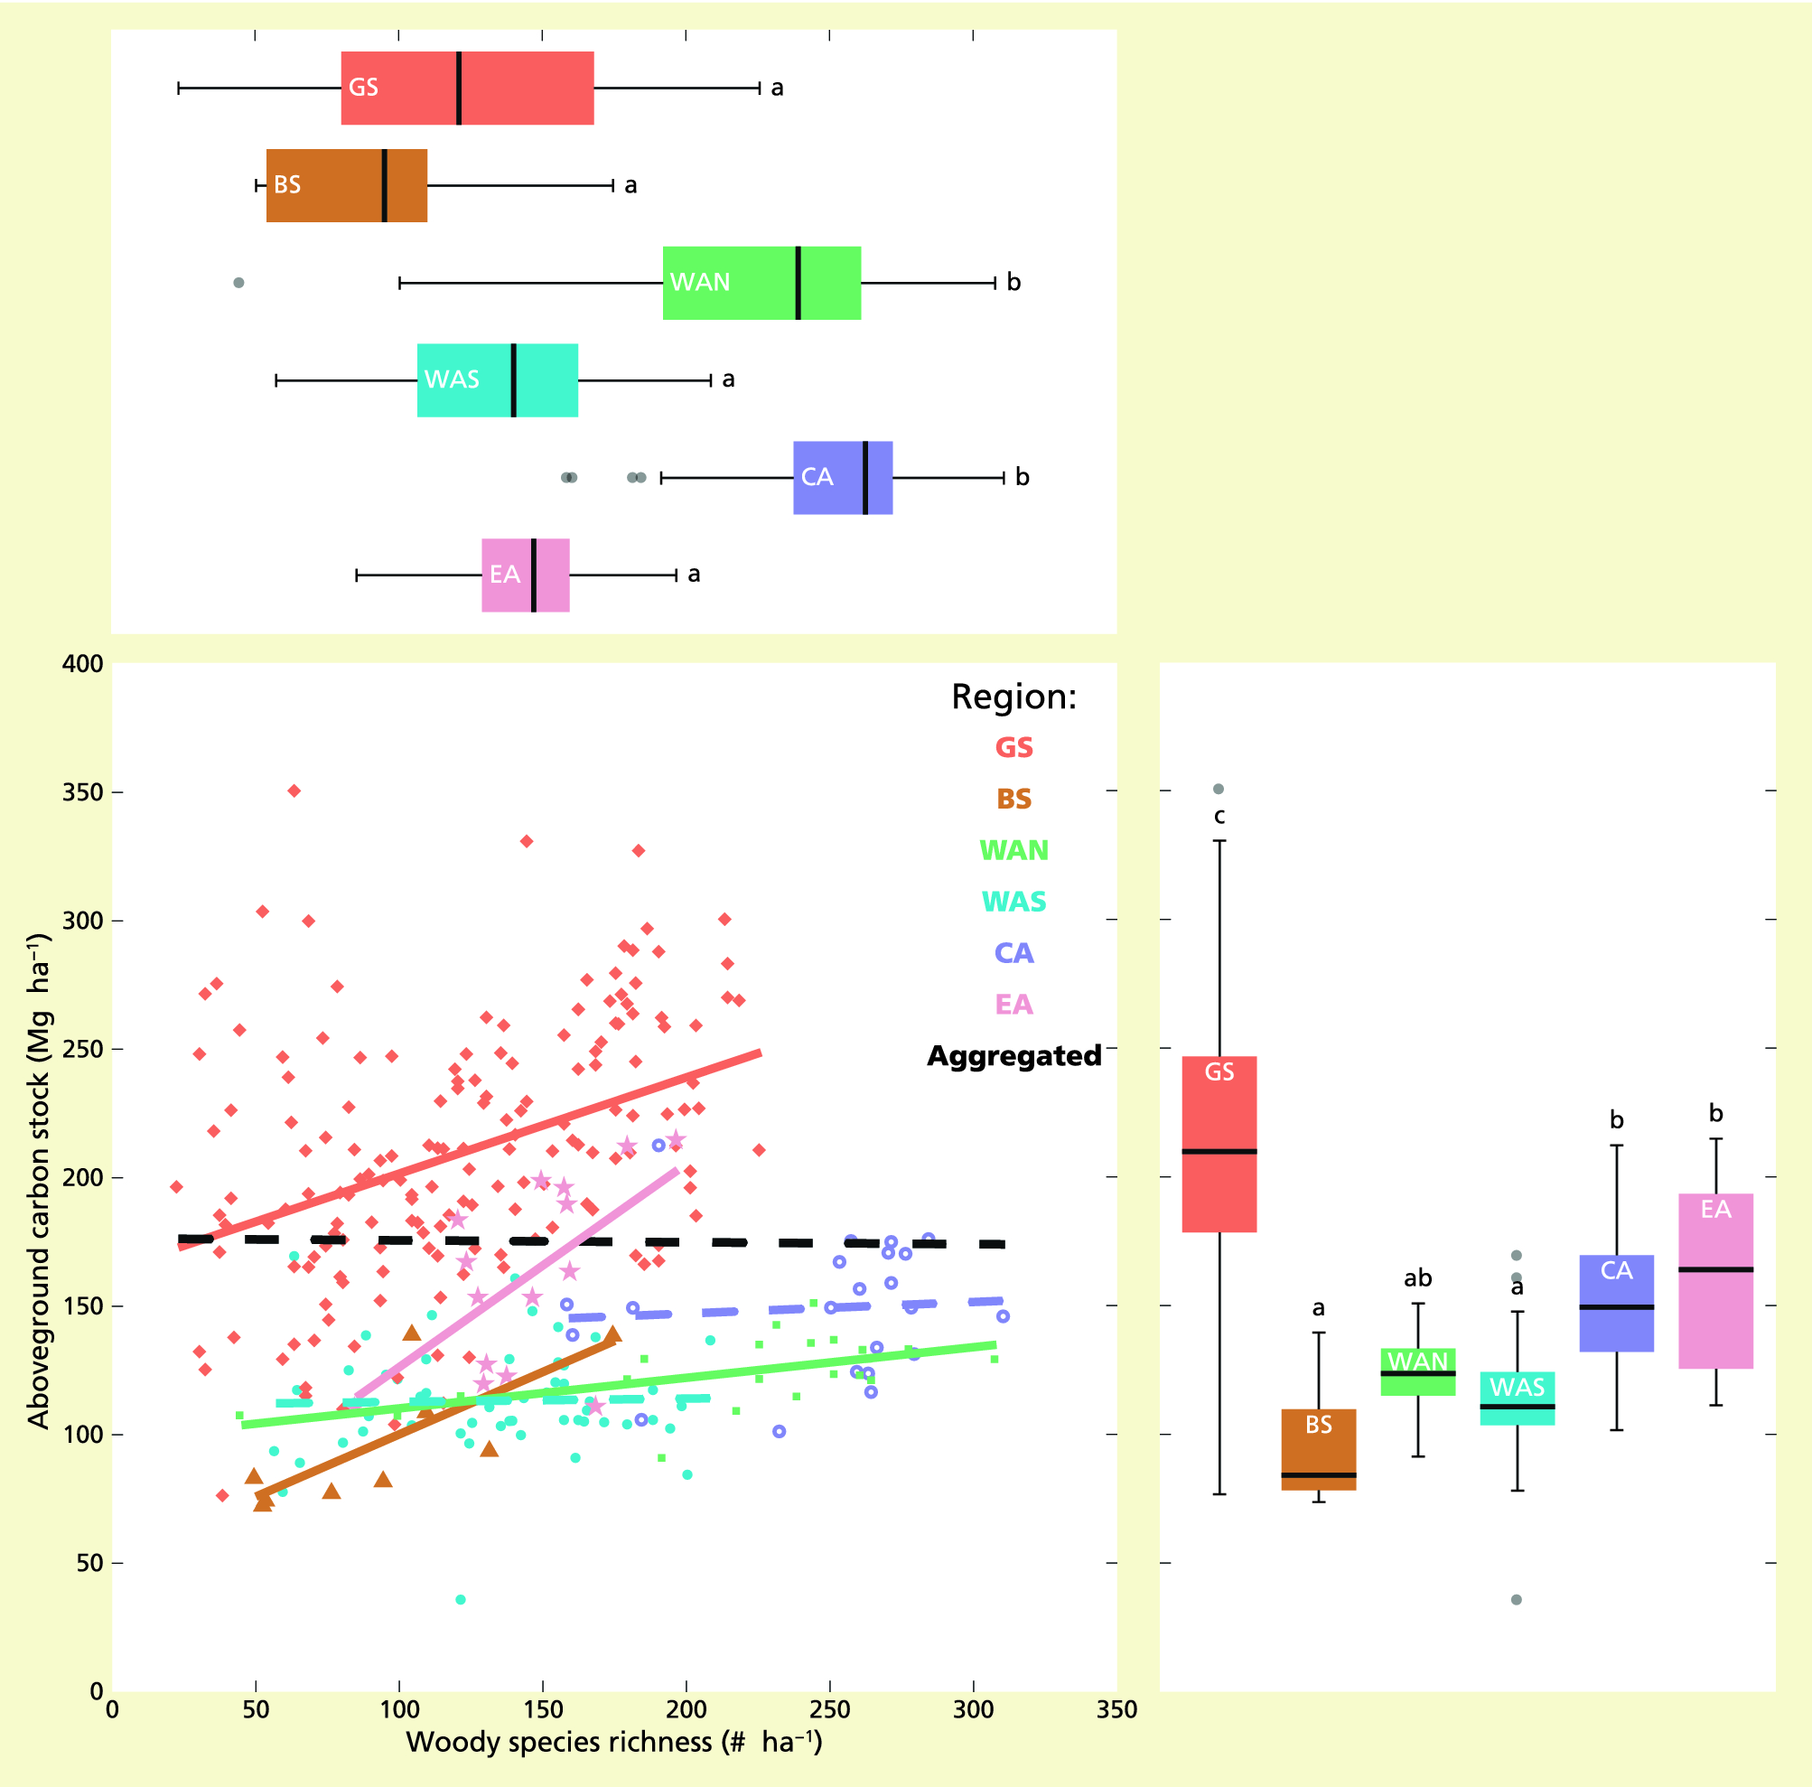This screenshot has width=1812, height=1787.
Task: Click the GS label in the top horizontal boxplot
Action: point(363,88)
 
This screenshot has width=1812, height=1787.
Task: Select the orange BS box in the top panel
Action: point(346,185)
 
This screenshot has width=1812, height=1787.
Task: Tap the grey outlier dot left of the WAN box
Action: point(238,283)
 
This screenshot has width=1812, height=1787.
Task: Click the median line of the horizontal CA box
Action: point(864,478)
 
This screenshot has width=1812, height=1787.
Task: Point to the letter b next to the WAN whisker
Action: point(1013,283)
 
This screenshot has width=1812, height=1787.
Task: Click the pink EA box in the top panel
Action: point(525,575)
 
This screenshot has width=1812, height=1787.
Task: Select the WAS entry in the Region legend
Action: point(1013,902)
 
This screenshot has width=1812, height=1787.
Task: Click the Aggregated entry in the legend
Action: point(1013,1056)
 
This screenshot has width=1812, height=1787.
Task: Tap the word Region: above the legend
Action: point(1013,697)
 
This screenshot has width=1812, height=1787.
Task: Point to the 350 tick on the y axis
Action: point(81,792)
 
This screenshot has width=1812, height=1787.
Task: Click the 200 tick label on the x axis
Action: point(686,1709)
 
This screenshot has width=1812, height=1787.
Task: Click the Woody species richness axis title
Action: point(613,1742)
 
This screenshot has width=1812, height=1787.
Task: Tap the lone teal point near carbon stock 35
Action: point(461,1599)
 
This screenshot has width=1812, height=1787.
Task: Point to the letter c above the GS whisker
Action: point(1219,816)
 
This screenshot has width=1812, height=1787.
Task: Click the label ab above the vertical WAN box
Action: point(1417,1277)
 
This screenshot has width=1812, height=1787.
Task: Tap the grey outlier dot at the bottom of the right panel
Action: point(1517,1599)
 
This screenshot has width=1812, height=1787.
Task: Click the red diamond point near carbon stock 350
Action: point(294,791)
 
